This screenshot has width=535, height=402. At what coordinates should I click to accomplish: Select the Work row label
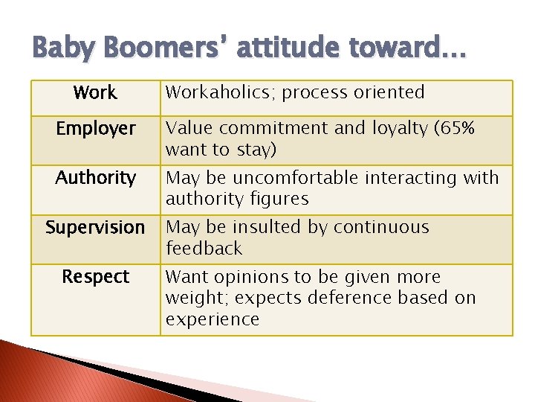click(x=95, y=93)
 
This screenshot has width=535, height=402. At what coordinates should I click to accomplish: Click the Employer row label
click(x=96, y=129)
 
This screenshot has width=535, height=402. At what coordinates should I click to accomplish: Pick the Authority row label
click(x=96, y=178)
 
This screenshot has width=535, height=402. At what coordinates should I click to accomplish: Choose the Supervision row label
click(x=95, y=227)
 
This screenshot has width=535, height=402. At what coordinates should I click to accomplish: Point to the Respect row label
click(x=95, y=277)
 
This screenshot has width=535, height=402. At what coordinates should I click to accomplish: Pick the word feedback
click(x=204, y=248)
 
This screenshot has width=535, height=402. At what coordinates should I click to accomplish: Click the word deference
click(x=344, y=298)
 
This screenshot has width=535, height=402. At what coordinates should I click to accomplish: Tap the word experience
click(x=212, y=319)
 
